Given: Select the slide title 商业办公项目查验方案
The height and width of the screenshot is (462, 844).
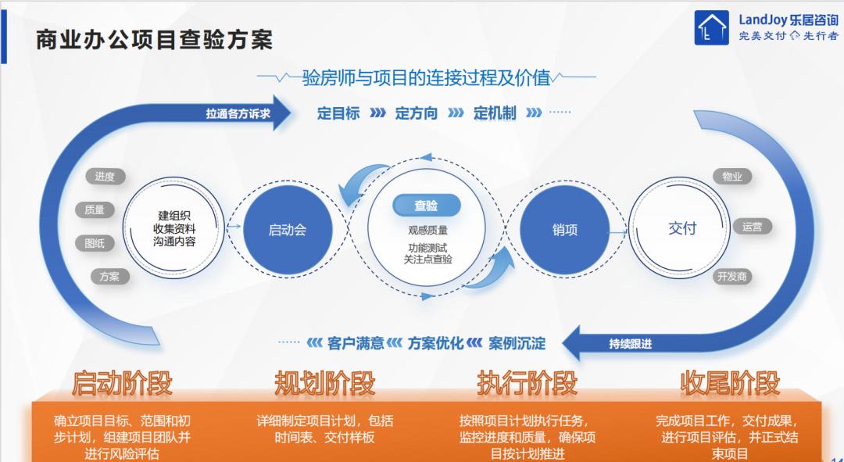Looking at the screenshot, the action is coord(155,40).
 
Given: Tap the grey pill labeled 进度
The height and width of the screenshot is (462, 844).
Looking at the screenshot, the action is coord(105,177).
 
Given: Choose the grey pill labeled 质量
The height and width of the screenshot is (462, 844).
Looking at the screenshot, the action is coord(95,210).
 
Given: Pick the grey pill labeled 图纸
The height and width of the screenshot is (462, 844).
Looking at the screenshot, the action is coord(95,243).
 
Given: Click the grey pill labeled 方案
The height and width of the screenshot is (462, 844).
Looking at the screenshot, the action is coord(109,277).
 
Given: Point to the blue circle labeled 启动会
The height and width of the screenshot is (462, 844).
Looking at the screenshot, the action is coord(288,230).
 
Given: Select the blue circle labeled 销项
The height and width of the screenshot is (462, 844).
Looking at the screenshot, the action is coord(565,230).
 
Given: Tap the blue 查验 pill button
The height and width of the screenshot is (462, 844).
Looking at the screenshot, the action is coord(427,205).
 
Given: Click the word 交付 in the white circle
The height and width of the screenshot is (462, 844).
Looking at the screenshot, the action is coord(682,228).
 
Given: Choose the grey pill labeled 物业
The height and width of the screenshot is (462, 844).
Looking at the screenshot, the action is coord(732,177).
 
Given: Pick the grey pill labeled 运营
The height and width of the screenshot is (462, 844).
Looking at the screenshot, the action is coord(752,227).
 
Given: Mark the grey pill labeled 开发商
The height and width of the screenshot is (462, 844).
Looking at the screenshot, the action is coord(732,277).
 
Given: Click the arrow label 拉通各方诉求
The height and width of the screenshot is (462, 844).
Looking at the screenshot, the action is coord(238,113).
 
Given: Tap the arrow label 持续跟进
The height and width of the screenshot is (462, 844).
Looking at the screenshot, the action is coord(631,343).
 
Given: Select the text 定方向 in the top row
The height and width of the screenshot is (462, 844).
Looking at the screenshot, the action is coord(416,113).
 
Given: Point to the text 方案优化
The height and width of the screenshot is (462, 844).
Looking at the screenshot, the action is coord(435,343).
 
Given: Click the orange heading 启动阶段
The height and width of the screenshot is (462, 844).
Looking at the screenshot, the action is coord(122,383).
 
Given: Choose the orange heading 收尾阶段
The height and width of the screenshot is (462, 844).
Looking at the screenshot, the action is coord(730,383).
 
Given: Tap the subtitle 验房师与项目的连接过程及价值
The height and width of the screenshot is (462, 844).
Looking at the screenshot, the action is coord(427,77).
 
